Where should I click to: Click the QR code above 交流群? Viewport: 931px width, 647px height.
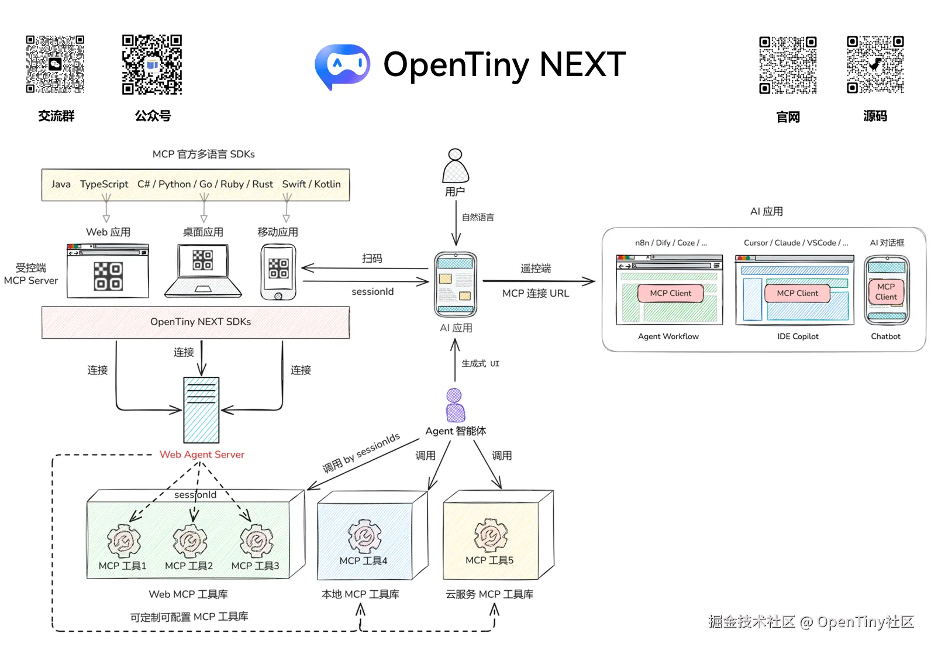(55, 64)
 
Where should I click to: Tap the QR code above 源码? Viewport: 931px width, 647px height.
(875, 65)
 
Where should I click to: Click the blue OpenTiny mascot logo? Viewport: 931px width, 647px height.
(342, 65)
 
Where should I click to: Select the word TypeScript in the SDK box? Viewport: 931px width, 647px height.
(104, 184)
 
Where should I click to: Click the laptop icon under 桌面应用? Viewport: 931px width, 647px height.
(203, 271)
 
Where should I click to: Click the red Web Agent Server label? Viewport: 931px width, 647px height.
(202, 455)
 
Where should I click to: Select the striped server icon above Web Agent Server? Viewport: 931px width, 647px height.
(201, 409)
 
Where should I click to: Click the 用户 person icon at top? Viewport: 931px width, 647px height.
(456, 166)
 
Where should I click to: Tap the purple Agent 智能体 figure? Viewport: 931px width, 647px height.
(455, 405)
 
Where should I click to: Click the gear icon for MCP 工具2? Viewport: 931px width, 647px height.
(189, 540)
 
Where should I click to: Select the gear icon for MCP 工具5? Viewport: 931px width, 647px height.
(490, 535)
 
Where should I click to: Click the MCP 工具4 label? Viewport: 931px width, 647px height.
(363, 560)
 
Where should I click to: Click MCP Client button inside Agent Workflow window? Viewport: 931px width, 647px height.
(670, 293)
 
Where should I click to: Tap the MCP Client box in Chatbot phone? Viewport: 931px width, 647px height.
(886, 292)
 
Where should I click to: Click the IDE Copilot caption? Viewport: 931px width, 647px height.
(798, 336)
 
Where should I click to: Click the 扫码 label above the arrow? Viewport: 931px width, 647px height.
(372, 259)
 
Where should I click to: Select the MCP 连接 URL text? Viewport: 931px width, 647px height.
(535, 293)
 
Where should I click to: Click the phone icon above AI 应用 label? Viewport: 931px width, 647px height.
(456, 285)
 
